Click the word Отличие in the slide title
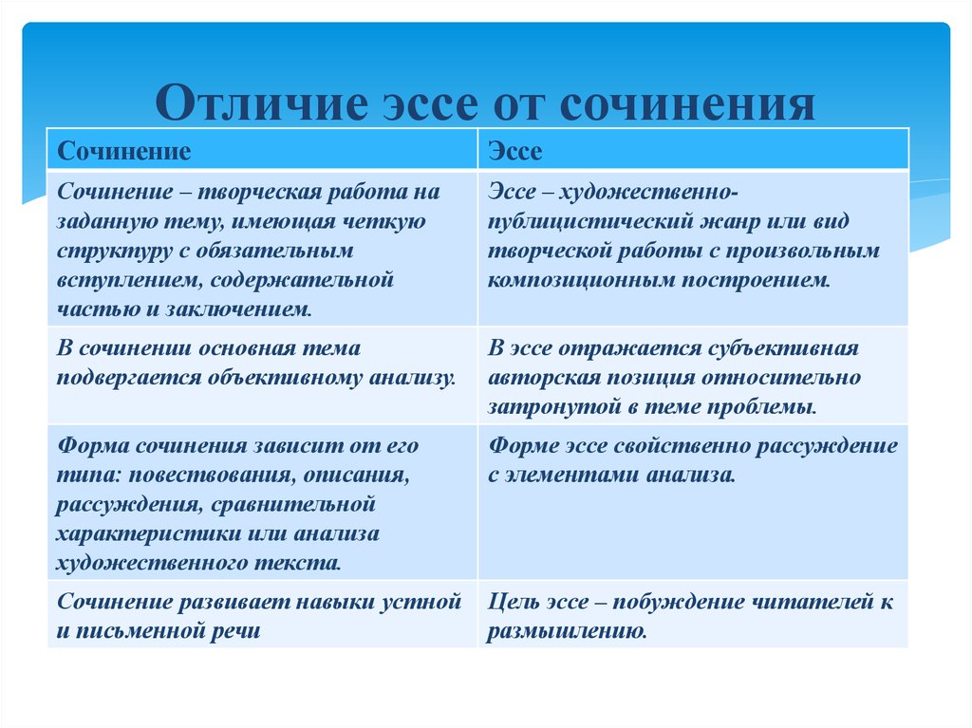(x=262, y=103)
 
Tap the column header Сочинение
(x=124, y=151)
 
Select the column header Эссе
(x=515, y=151)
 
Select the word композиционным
(x=582, y=280)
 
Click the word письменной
(x=138, y=631)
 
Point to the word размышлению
(x=567, y=631)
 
